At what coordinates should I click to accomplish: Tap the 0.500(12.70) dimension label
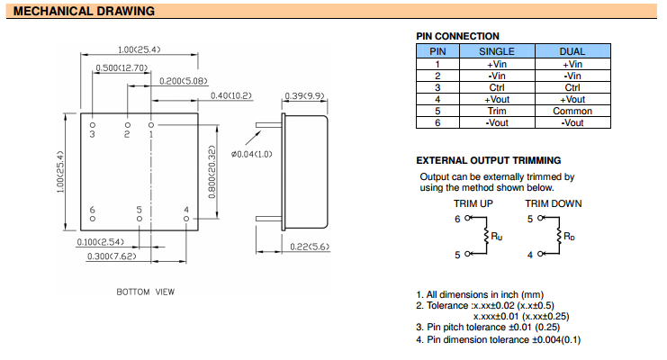(x=120, y=67)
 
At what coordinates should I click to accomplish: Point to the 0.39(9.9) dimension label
(x=304, y=95)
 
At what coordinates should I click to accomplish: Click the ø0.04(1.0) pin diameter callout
(x=252, y=155)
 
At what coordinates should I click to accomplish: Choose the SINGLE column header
(x=496, y=52)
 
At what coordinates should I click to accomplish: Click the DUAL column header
(x=572, y=52)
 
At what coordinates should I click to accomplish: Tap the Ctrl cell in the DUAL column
(x=572, y=87)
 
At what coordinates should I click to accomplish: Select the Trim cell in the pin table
(x=496, y=111)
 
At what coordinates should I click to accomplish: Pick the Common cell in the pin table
(x=572, y=111)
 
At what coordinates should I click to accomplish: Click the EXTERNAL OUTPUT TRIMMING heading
(x=489, y=160)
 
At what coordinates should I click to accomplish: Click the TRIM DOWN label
(x=554, y=203)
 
